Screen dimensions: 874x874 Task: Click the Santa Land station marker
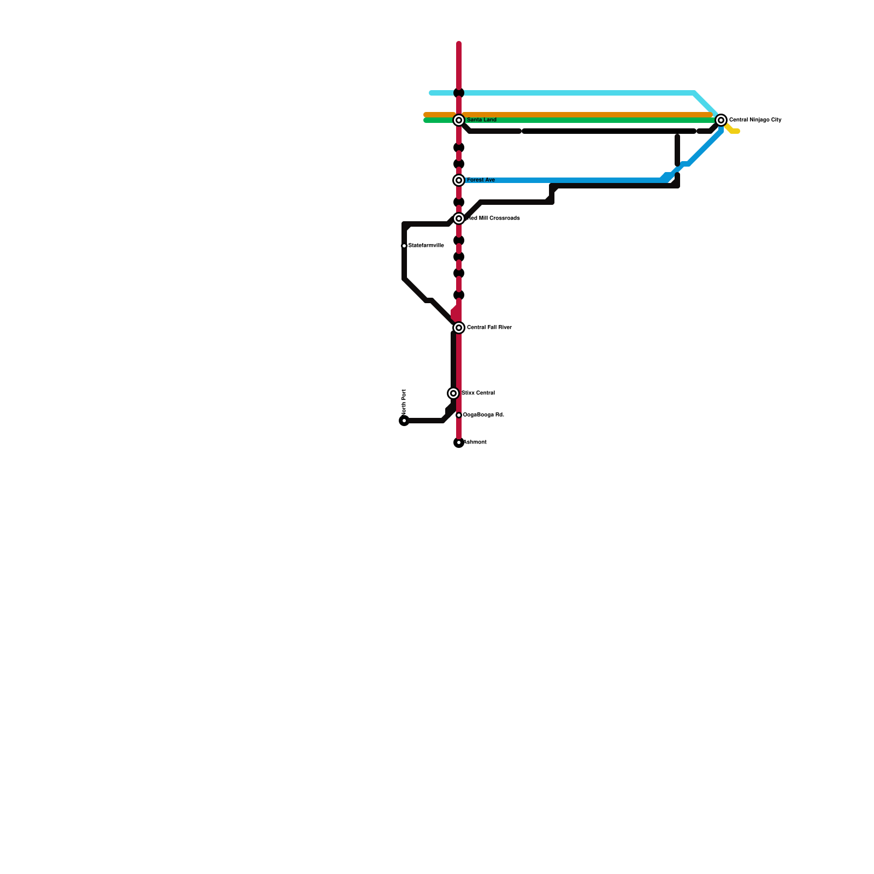[459, 120]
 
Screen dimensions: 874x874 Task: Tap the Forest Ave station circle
[459, 180]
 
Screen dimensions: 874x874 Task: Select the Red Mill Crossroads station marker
[459, 218]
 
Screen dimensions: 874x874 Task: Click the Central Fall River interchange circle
[459, 328]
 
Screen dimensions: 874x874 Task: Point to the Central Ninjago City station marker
[721, 120]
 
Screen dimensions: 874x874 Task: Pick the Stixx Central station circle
[453, 393]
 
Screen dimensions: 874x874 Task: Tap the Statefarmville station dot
[404, 246]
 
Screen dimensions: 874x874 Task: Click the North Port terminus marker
[404, 421]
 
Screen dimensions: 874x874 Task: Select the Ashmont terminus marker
[459, 442]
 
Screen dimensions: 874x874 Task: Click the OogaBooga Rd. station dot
[459, 415]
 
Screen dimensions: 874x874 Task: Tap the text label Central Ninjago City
[755, 120]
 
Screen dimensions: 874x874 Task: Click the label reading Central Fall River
[489, 328]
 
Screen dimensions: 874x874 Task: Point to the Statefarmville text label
[426, 246]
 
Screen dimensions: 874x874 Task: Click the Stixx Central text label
[478, 393]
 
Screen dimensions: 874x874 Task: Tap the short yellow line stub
[733, 130]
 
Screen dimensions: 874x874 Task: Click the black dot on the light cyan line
[459, 93]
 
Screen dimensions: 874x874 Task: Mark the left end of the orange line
[426, 115]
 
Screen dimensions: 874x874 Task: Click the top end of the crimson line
[459, 44]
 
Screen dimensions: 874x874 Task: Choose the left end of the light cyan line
[432, 93]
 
